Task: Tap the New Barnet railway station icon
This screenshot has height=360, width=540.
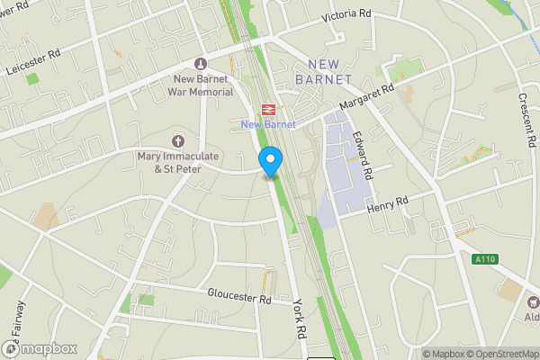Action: pos(267,108)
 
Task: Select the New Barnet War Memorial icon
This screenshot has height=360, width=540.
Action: pos(200,63)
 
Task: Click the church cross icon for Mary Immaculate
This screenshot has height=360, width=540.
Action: pos(177,140)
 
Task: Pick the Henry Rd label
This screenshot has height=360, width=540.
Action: pos(388,205)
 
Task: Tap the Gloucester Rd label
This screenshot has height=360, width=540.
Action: pos(238,298)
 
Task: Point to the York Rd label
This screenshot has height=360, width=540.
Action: pos(299,321)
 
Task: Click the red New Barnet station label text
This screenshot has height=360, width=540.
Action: pos(267,124)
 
